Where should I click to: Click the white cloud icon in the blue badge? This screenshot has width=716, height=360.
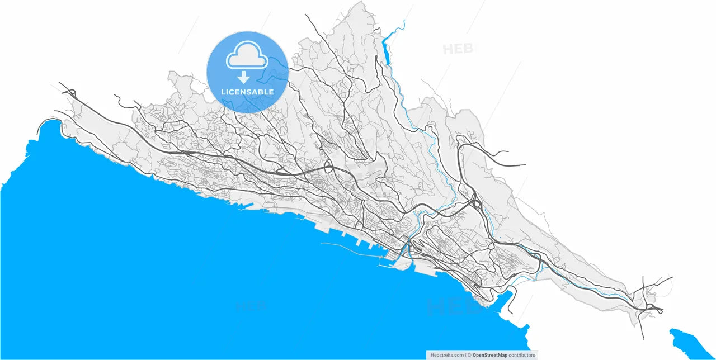tap(247, 56)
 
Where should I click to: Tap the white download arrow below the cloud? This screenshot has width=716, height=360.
tap(243, 77)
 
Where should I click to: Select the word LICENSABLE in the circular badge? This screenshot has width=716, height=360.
tap(247, 92)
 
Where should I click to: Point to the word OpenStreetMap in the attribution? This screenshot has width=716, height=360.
tap(489, 355)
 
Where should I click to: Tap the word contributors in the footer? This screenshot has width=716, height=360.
tap(522, 355)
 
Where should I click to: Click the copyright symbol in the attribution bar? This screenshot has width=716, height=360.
tap(470, 355)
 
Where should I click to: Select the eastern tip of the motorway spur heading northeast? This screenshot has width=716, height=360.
tap(525, 165)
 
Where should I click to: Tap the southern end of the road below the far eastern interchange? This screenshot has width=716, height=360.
tap(643, 338)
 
